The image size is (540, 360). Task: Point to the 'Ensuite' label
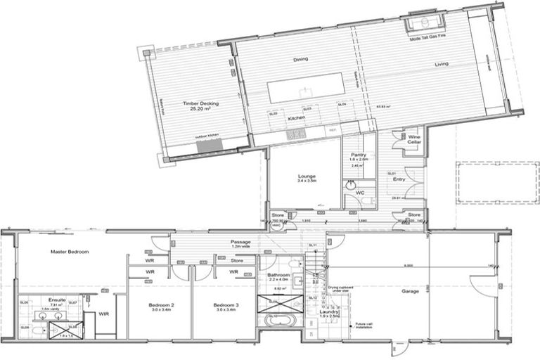tap(57, 300)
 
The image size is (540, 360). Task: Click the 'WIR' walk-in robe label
tap(104, 314)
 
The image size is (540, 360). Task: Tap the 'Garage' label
tap(411, 291)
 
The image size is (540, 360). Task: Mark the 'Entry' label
tap(399, 179)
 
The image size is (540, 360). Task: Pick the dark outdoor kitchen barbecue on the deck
tap(209, 144)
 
